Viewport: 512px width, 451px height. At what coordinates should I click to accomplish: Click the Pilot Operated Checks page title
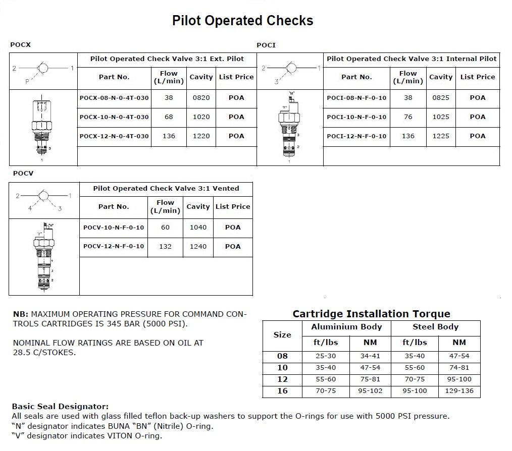click(x=242, y=21)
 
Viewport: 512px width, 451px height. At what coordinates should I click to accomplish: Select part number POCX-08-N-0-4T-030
click(x=114, y=98)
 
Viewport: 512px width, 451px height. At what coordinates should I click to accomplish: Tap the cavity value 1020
click(x=201, y=117)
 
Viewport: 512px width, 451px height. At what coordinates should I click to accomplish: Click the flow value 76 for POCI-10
click(x=408, y=117)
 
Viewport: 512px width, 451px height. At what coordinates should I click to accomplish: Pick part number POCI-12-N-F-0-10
click(x=356, y=136)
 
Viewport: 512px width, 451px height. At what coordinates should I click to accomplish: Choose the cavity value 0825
click(x=441, y=98)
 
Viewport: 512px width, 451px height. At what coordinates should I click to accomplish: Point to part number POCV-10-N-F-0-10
click(x=114, y=228)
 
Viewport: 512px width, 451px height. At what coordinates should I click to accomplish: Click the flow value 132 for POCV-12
click(x=165, y=247)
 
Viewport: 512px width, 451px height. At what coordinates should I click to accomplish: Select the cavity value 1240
click(x=198, y=247)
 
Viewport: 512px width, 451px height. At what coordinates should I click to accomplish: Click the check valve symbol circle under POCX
click(x=42, y=68)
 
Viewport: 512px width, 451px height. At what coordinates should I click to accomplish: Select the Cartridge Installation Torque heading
click(x=371, y=314)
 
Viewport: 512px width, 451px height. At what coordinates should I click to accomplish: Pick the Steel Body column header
click(x=435, y=327)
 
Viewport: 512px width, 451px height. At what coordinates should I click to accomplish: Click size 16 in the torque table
click(x=282, y=391)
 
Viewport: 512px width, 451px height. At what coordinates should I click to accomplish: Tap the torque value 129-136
click(x=459, y=391)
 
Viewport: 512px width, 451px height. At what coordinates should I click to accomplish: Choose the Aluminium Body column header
click(x=346, y=327)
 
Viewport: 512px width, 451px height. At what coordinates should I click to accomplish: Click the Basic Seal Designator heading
click(x=60, y=407)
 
